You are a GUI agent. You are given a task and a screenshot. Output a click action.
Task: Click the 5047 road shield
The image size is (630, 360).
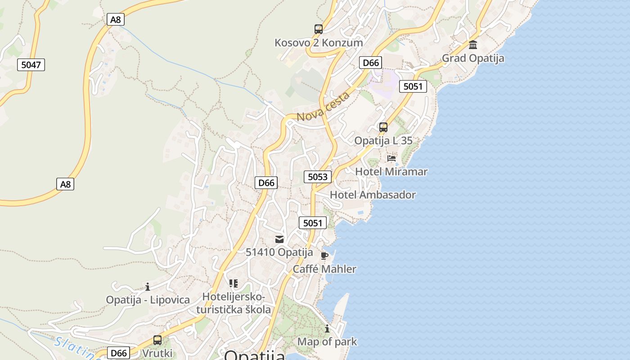31,65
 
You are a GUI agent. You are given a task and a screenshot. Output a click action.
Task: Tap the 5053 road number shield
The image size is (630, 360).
317,177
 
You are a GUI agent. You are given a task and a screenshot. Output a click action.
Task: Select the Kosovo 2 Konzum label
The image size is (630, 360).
319,43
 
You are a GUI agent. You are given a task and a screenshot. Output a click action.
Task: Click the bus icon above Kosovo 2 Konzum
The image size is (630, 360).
319,29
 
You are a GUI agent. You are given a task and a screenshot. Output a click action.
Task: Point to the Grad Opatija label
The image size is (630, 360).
473,58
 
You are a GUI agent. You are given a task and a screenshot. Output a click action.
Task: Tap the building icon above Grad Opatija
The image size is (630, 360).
473,45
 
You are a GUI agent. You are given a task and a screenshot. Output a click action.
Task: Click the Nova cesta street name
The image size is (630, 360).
323,107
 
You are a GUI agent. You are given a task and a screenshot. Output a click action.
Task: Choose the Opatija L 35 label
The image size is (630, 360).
383,140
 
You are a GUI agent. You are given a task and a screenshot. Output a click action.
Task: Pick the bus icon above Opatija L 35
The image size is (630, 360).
383,127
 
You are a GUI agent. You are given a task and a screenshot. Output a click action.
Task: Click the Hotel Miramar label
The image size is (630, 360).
391,171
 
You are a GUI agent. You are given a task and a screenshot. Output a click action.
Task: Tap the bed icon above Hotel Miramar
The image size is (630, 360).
391,158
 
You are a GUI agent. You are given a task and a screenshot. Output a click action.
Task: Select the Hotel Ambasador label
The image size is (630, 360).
373,195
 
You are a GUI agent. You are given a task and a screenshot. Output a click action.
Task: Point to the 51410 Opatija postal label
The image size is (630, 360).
279,252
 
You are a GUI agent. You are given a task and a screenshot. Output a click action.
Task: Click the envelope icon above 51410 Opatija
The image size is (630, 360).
279,239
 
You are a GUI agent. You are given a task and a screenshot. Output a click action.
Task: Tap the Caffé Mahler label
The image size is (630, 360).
324,269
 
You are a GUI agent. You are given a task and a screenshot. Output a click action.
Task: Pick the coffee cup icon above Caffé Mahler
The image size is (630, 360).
324,256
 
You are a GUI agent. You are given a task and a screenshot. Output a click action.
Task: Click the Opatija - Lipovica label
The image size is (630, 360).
148,300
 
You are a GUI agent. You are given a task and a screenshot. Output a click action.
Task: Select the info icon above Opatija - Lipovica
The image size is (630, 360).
148,287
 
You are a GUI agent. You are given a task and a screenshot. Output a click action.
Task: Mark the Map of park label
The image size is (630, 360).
327,342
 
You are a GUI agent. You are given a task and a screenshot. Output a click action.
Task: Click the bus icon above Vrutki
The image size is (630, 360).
157,340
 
